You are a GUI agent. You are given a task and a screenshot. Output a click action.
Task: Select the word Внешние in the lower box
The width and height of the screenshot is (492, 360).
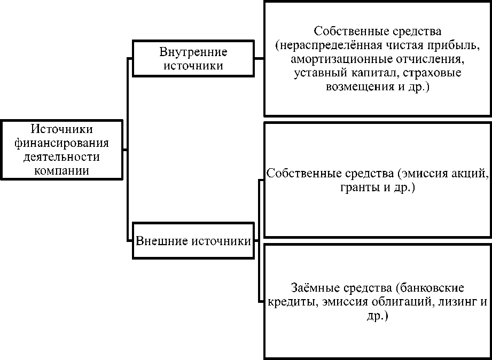pyautogui.click(x=155, y=241)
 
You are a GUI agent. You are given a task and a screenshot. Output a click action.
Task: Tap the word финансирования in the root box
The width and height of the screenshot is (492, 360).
pyautogui.click(x=62, y=143)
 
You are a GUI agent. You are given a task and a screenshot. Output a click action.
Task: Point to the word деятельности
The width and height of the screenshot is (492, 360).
pyautogui.click(x=62, y=156)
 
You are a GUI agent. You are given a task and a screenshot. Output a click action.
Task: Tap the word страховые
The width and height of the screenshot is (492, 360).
pyautogui.click(x=435, y=72)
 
